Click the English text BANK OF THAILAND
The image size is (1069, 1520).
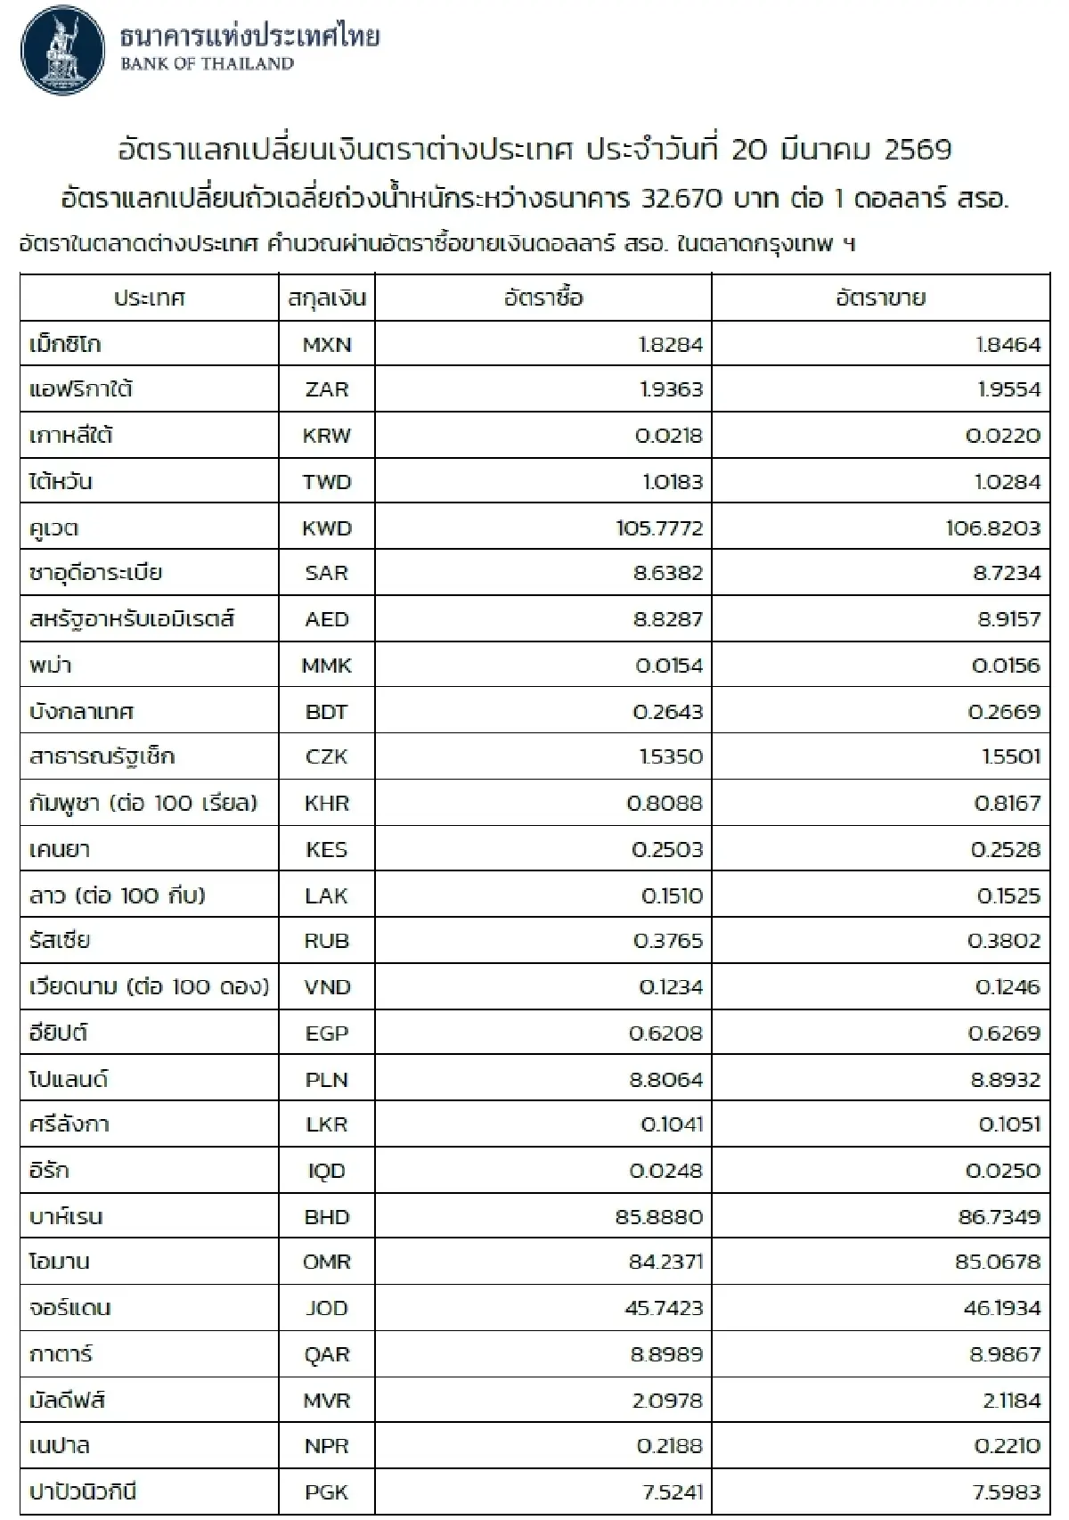[207, 64]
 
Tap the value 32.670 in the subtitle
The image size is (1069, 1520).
[681, 199]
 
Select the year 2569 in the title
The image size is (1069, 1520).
[918, 150]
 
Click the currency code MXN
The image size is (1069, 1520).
[327, 345]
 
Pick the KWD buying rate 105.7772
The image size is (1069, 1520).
[659, 528]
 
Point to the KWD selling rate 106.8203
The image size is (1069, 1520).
[992, 528]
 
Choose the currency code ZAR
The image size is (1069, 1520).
[327, 390]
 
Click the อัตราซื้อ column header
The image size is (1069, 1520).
[543, 298]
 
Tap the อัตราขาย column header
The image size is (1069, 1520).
[880, 298]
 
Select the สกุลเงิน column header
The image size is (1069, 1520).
[327, 298]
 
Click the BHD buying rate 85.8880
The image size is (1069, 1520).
[659, 1217]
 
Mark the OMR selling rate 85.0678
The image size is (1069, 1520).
[997, 1263]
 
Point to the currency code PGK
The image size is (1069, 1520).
[327, 1492]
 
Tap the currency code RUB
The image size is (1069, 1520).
[327, 942]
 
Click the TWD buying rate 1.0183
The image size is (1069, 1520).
[672, 482]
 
